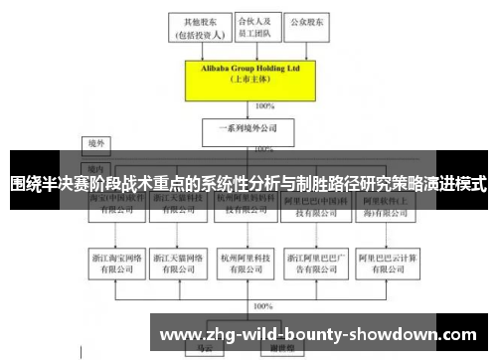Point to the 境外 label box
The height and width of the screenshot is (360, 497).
coord(96,143)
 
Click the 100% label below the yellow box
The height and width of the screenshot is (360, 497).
coord(265,104)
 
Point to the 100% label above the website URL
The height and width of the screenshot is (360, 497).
coord(263,306)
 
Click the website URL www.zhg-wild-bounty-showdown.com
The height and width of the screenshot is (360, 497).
coord(318,335)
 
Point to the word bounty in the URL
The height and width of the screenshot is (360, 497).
coord(308,335)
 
